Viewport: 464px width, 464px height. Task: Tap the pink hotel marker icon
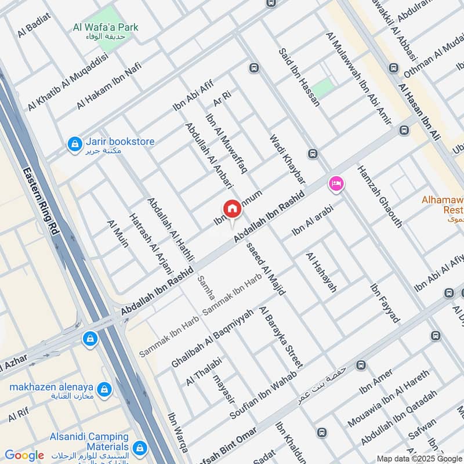[x=335, y=184]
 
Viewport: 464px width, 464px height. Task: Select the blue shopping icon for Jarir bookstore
[x=74, y=143]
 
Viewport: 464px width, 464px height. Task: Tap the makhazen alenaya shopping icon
[x=104, y=389]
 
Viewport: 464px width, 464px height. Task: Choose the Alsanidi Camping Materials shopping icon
[x=139, y=447]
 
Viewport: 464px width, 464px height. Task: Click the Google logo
[x=24, y=455]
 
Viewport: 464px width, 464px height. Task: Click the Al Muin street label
[x=118, y=233]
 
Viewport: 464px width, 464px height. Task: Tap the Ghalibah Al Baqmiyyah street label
[x=212, y=338]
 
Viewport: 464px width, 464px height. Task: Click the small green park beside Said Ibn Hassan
[x=322, y=88]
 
